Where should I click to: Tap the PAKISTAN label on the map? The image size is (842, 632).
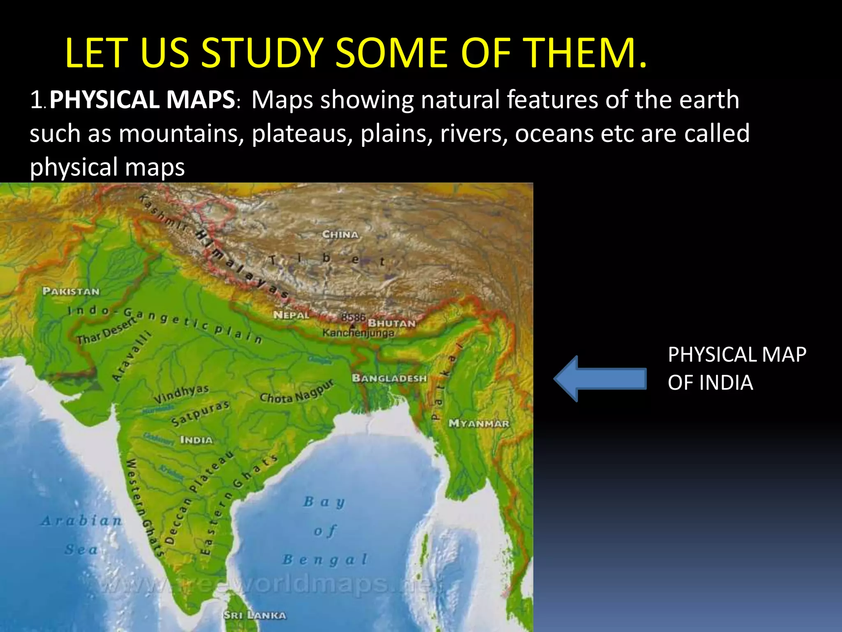click(x=71, y=291)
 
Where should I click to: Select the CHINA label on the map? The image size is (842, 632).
click(x=340, y=235)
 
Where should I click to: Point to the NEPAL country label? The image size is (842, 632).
click(x=291, y=315)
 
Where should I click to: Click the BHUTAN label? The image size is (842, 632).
click(x=391, y=323)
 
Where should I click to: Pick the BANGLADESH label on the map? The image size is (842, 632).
click(x=389, y=378)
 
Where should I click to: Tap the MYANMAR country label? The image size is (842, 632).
click(x=479, y=423)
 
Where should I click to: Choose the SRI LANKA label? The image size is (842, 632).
click(x=254, y=616)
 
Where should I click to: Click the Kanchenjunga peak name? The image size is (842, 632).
click(x=358, y=333)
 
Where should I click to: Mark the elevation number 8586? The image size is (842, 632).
click(x=353, y=317)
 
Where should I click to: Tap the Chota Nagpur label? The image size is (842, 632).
click(x=296, y=392)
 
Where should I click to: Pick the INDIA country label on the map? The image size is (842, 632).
click(x=196, y=440)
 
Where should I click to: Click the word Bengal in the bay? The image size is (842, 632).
click(x=325, y=560)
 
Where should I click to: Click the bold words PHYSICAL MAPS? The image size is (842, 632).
click(x=142, y=100)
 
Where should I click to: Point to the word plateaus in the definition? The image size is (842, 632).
click(x=302, y=134)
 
